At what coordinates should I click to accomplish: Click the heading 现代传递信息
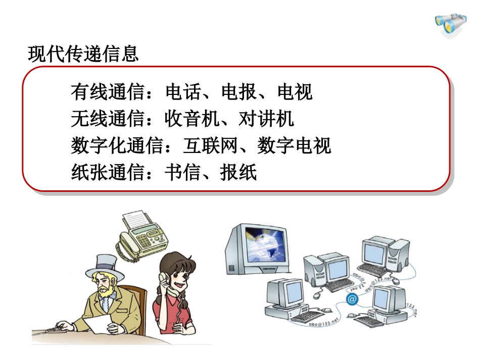(x=83, y=54)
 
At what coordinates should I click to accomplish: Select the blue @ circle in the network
(x=352, y=299)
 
